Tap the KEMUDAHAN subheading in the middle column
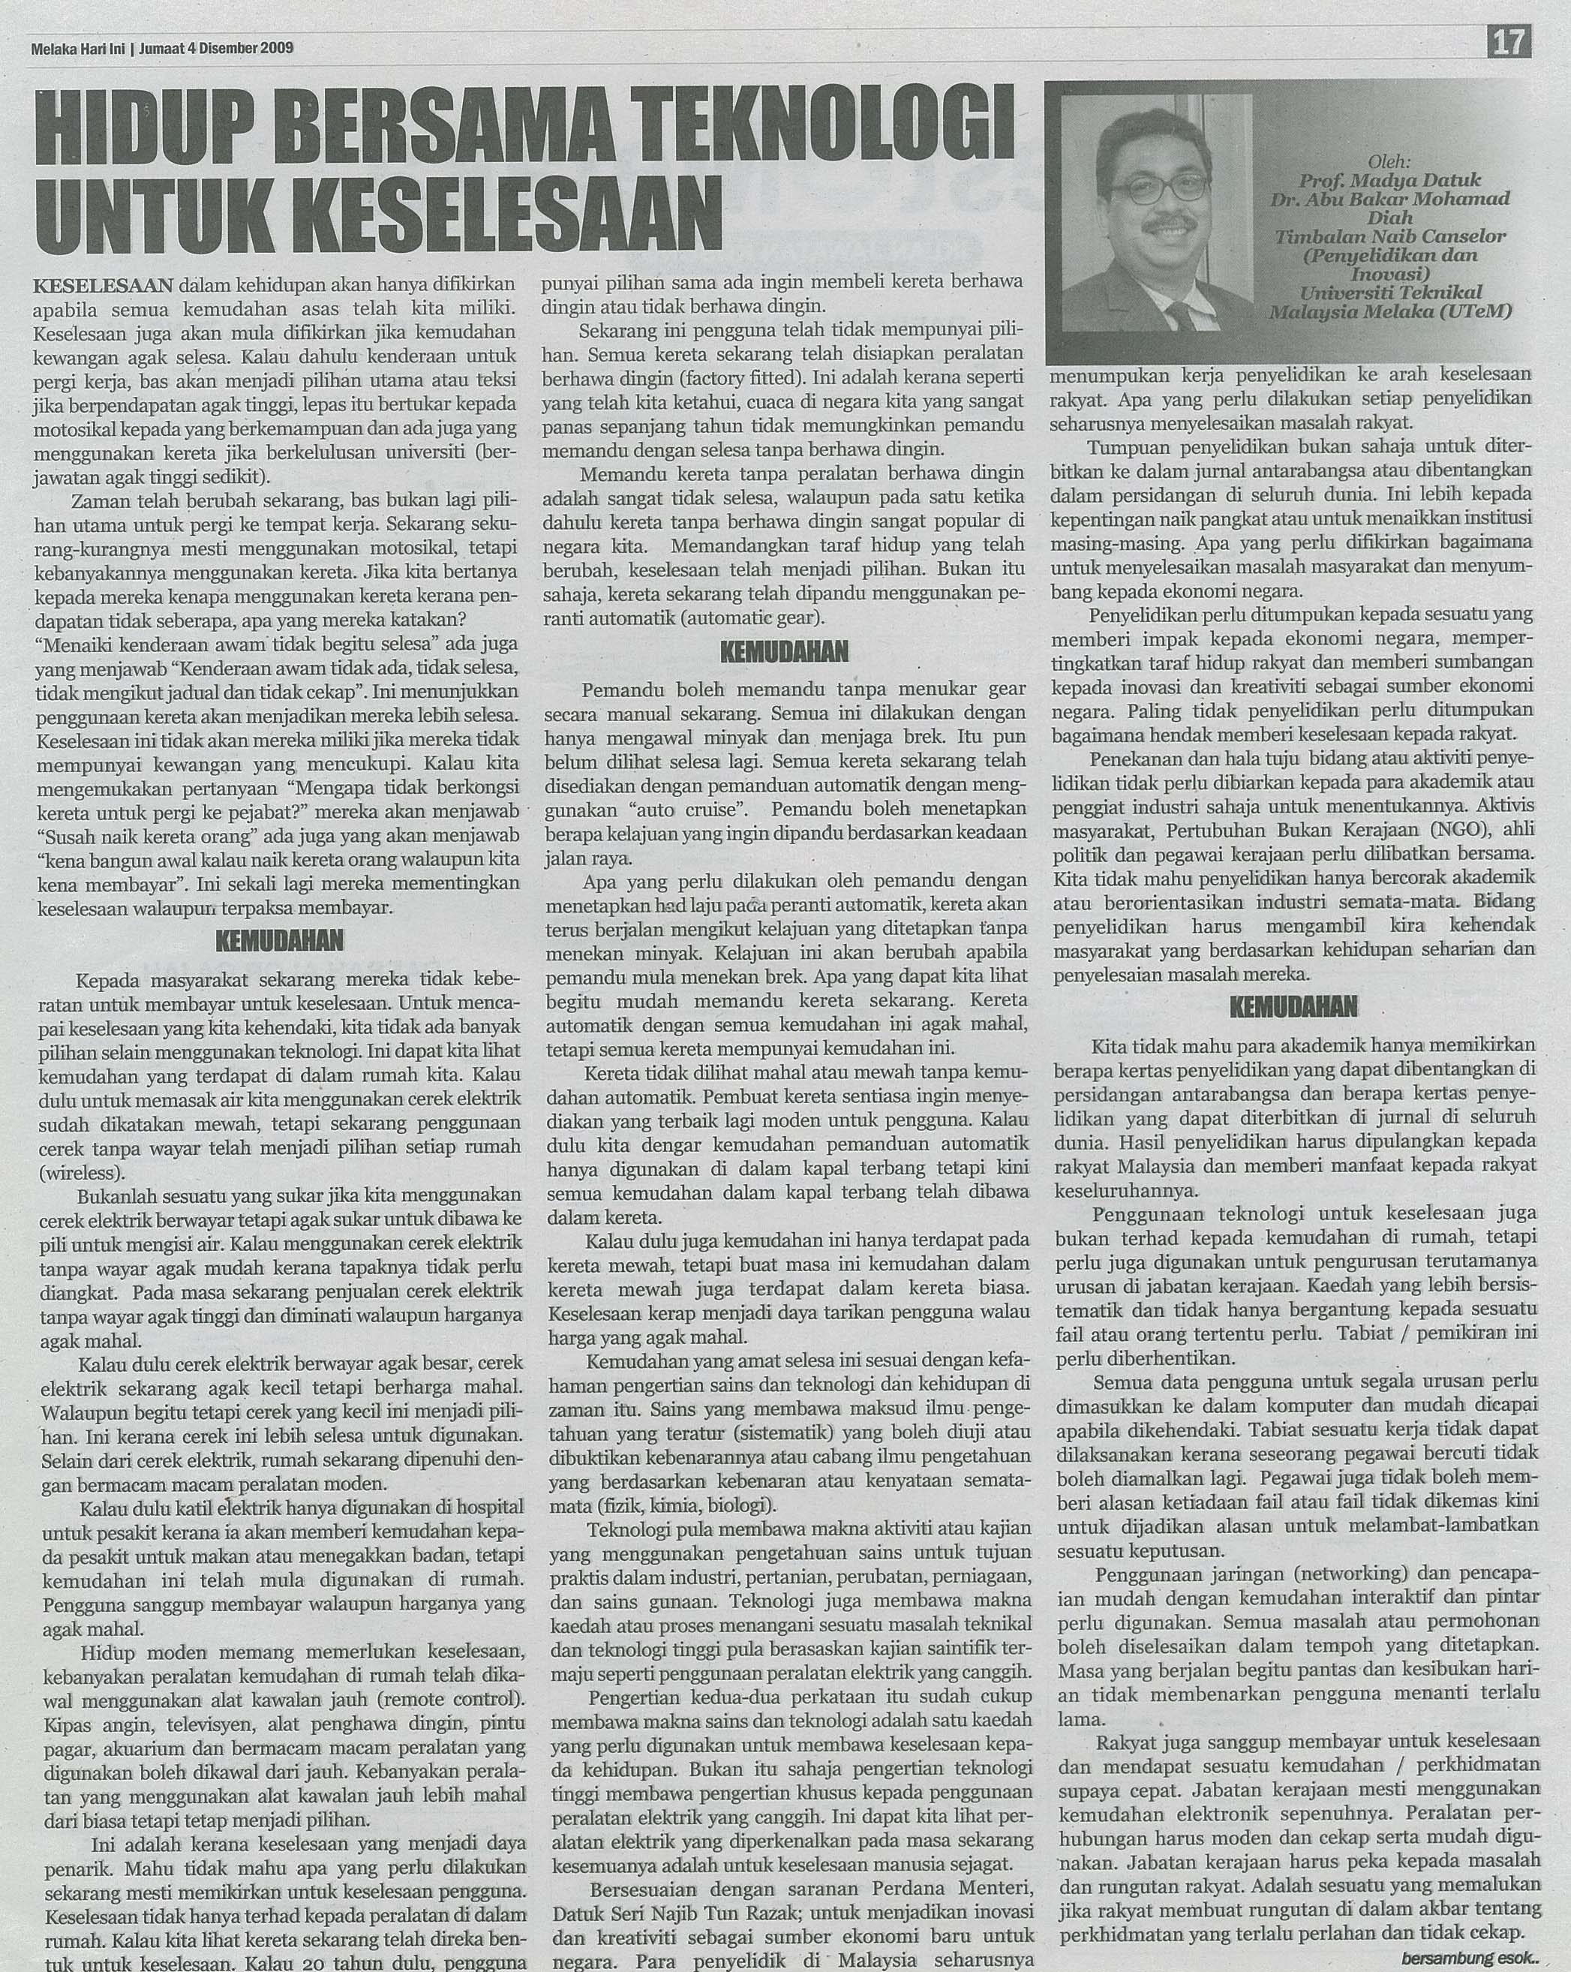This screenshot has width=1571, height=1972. pyautogui.click(x=785, y=651)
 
